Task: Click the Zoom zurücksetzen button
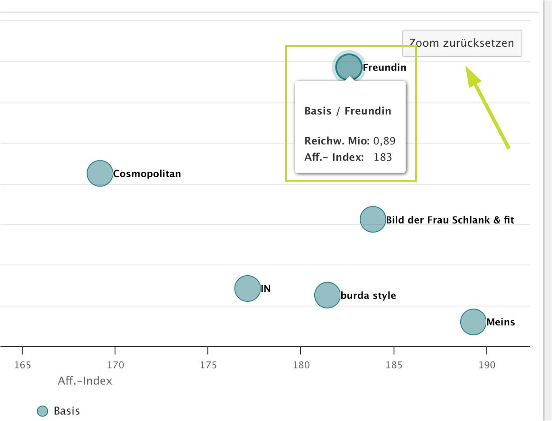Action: pos(462,43)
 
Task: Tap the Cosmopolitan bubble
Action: pos(100,173)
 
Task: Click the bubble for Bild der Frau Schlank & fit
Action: pos(373,219)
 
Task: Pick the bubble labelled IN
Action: pos(247,288)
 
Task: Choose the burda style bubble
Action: pos(327,295)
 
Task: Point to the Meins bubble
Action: pos(473,322)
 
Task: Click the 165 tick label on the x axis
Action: pos(23,365)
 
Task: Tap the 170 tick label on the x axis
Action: pos(115,365)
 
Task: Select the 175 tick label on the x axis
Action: pos(208,365)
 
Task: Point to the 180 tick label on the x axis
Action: pos(301,365)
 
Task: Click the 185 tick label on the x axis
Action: pos(394,365)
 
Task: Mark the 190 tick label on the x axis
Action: pos(487,365)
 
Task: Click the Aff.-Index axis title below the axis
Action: pos(85,381)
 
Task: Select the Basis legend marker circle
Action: pos(42,411)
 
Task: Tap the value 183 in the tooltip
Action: pos(383,157)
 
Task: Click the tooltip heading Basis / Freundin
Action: pos(348,111)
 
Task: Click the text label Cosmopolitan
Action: pos(147,174)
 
